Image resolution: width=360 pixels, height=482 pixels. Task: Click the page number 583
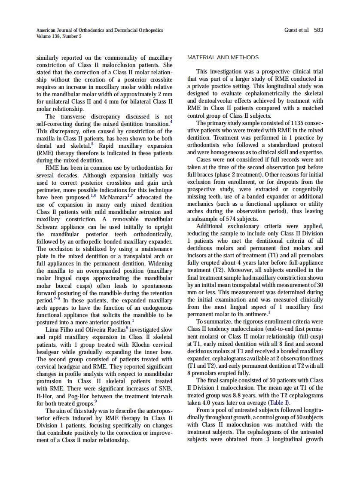[318, 30]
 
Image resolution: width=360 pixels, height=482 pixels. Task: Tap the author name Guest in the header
[291, 30]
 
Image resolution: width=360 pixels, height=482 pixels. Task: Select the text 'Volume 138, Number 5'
[59, 36]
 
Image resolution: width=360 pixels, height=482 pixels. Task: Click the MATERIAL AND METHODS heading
[223, 58]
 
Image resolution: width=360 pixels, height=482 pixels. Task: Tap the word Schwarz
[47, 226]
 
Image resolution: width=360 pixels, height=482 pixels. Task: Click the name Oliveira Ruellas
[100, 329]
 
